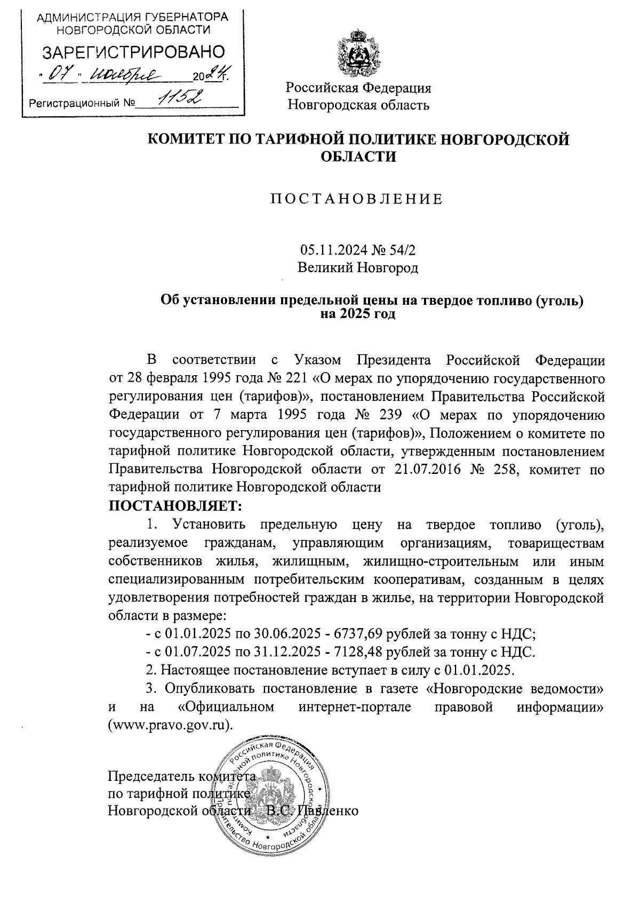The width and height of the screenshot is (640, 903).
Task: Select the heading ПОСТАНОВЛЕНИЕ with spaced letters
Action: [x=357, y=200]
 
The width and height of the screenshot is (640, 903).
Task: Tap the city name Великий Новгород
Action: [x=358, y=267]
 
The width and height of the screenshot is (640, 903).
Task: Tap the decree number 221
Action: [x=299, y=379]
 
